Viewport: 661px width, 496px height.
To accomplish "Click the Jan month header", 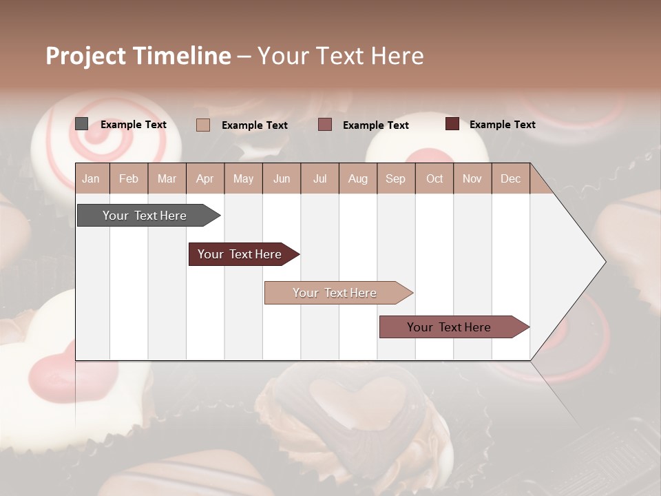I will pyautogui.click(x=91, y=179).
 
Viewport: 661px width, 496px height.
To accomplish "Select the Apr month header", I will pyautogui.click(x=205, y=179).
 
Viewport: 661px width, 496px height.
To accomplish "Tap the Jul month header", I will pyautogui.click(x=319, y=179).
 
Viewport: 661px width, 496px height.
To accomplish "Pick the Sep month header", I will pyautogui.click(x=395, y=179).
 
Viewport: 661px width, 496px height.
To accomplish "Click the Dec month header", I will pyautogui.click(x=510, y=179).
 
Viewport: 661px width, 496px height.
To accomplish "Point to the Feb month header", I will pyautogui.click(x=129, y=179).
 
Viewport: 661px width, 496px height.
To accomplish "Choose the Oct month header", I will pyautogui.click(x=434, y=179).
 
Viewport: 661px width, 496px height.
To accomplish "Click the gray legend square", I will pyautogui.click(x=82, y=124).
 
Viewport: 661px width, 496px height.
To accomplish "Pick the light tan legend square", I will pyautogui.click(x=203, y=125).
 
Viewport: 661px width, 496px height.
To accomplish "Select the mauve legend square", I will pyautogui.click(x=325, y=125).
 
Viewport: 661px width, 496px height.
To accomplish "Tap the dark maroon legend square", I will pyautogui.click(x=452, y=124).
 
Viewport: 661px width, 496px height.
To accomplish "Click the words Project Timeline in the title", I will pyautogui.click(x=138, y=56).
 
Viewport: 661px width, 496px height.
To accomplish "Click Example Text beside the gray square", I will pyautogui.click(x=134, y=125).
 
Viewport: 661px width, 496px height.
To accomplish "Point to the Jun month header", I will pyautogui.click(x=282, y=179).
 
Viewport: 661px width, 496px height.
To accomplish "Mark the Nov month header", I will pyautogui.click(x=472, y=179).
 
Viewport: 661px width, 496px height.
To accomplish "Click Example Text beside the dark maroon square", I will pyautogui.click(x=503, y=125).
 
